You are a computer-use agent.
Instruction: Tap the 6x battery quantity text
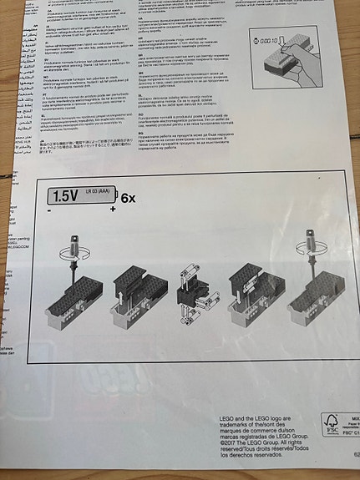point(128,199)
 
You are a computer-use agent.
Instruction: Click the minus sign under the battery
point(49,211)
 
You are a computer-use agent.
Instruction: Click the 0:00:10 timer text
point(267,41)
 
